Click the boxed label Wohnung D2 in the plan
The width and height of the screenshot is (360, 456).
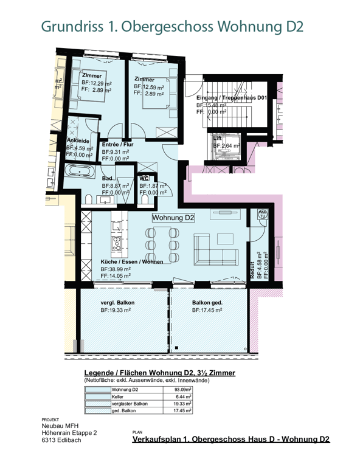point(173,218)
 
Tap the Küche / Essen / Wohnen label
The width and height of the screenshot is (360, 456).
point(132,262)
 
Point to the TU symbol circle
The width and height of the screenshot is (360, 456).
point(263,213)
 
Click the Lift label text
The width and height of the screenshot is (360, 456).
point(218,138)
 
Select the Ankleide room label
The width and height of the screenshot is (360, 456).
point(78,140)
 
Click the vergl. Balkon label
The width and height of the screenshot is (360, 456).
point(117,302)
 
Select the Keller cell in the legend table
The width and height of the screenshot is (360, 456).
point(118,396)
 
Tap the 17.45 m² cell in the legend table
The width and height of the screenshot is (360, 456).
point(182,410)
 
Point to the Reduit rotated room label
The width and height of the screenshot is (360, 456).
point(252,269)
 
